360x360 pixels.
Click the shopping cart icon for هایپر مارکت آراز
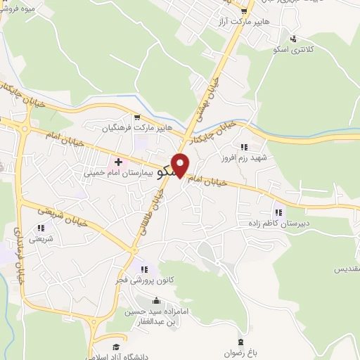click(x=244, y=11)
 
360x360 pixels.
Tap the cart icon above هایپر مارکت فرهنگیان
click(x=137, y=118)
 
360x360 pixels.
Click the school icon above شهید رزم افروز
click(x=244, y=147)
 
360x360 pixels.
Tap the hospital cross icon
click(x=128, y=162)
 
